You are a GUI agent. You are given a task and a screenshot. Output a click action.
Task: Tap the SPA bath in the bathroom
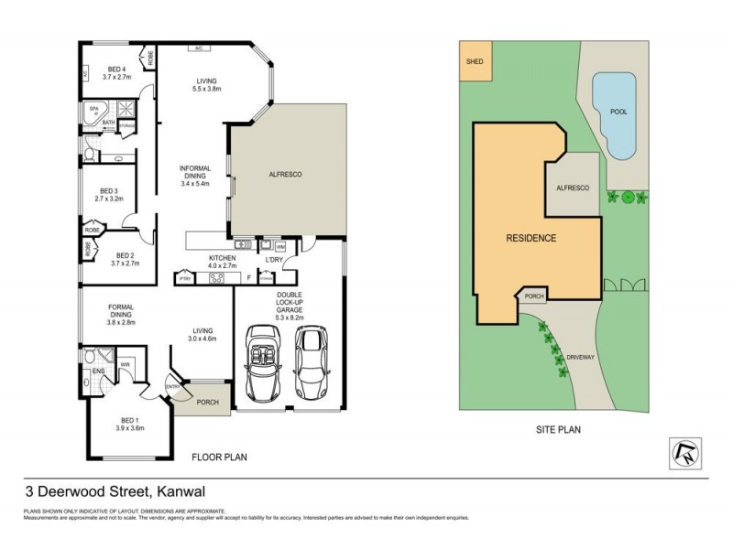93,109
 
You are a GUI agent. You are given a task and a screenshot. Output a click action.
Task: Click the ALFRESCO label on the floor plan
285,174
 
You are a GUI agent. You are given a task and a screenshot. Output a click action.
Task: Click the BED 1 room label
130,424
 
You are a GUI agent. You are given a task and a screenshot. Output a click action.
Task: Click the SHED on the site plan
475,62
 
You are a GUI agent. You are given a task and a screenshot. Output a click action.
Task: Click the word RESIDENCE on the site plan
531,238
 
